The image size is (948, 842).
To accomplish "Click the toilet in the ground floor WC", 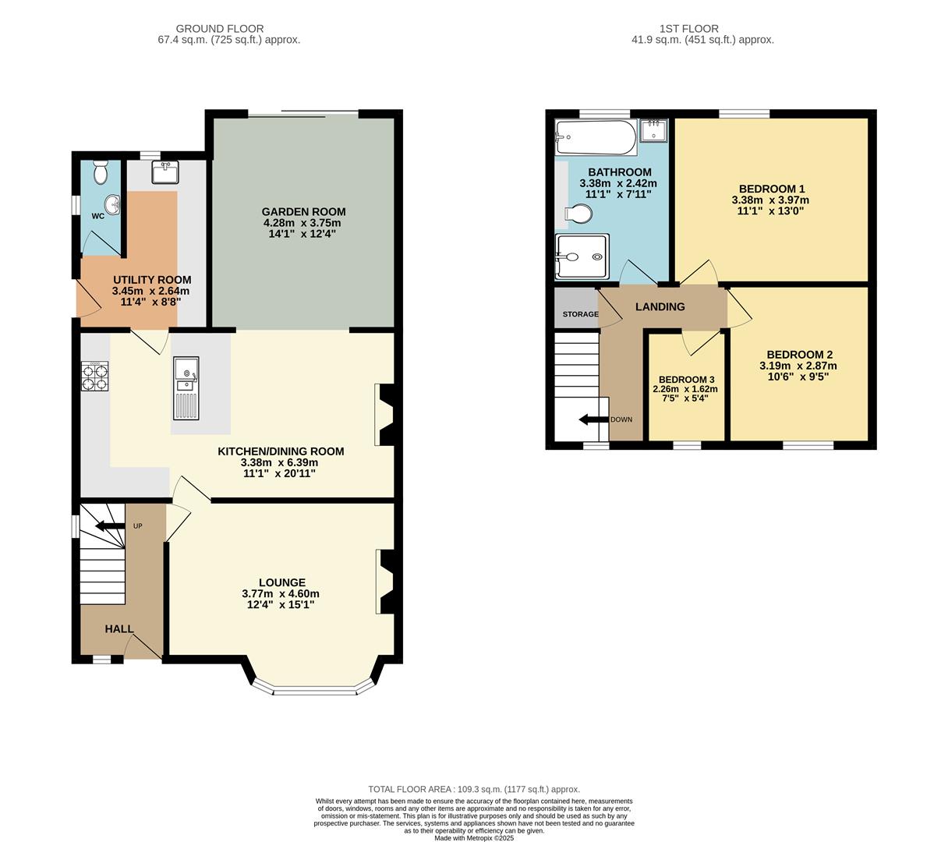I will click(x=100, y=172).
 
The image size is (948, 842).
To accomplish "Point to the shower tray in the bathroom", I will click(x=580, y=256).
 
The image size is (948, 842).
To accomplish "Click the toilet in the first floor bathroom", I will click(x=577, y=214).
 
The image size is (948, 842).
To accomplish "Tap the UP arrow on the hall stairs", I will click(x=109, y=526).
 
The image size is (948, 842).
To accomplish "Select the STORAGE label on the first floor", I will click(x=580, y=314).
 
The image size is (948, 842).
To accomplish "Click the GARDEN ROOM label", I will click(x=303, y=211).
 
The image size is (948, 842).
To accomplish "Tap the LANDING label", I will click(x=660, y=306).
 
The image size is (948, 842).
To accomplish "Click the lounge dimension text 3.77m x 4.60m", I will click(x=281, y=593).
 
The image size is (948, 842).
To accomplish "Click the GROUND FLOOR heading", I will click(x=219, y=29).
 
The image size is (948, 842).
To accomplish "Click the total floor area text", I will click(x=474, y=789).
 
